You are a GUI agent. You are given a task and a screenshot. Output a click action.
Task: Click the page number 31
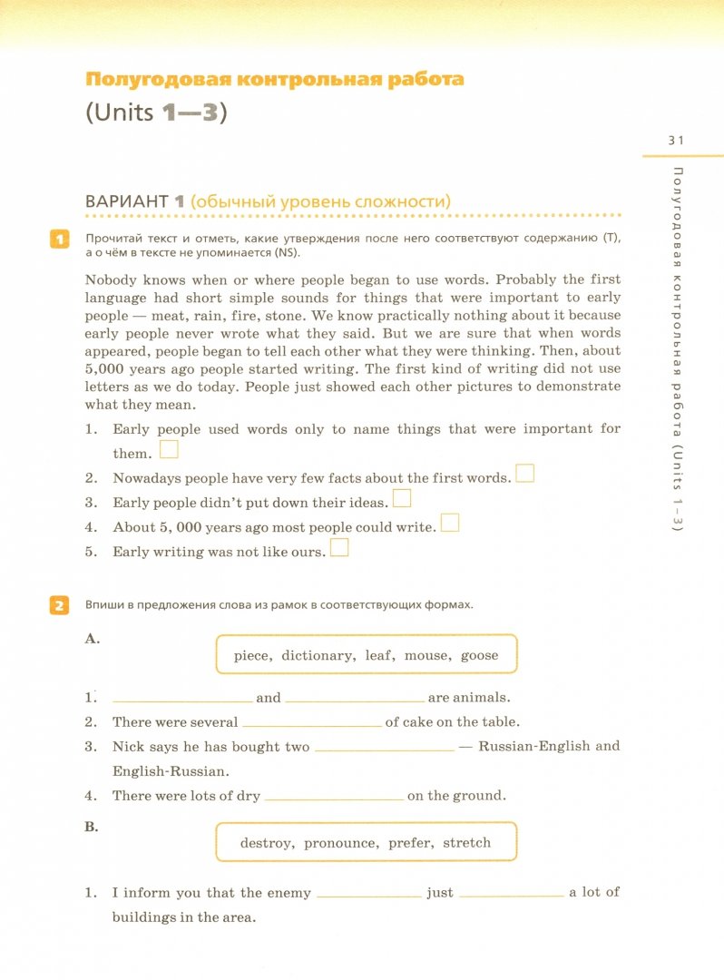[675, 140]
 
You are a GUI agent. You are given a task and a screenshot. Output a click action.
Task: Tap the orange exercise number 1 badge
[58, 240]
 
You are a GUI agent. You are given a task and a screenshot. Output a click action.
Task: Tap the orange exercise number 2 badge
[58, 605]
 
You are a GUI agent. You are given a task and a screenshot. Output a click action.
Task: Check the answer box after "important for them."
[169, 448]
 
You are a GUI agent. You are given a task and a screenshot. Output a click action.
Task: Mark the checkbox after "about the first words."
[524, 473]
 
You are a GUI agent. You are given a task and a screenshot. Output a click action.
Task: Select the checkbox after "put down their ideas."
[402, 497]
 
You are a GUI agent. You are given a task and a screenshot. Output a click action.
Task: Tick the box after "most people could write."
[449, 522]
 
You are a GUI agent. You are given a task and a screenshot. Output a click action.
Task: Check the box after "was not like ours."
[339, 547]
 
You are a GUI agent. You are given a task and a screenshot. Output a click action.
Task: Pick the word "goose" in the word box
[479, 655]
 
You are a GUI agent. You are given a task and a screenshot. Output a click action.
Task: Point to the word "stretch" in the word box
[466, 843]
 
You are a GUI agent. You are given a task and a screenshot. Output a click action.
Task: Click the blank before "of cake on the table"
[312, 724]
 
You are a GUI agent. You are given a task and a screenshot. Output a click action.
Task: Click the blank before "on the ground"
[333, 798]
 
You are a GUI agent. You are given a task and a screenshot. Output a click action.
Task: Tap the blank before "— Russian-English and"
[383, 749]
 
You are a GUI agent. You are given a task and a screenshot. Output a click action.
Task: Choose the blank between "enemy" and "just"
[368, 895]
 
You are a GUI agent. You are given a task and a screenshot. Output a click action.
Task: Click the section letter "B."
[92, 827]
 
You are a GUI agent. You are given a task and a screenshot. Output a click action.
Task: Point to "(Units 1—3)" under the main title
[154, 115]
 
